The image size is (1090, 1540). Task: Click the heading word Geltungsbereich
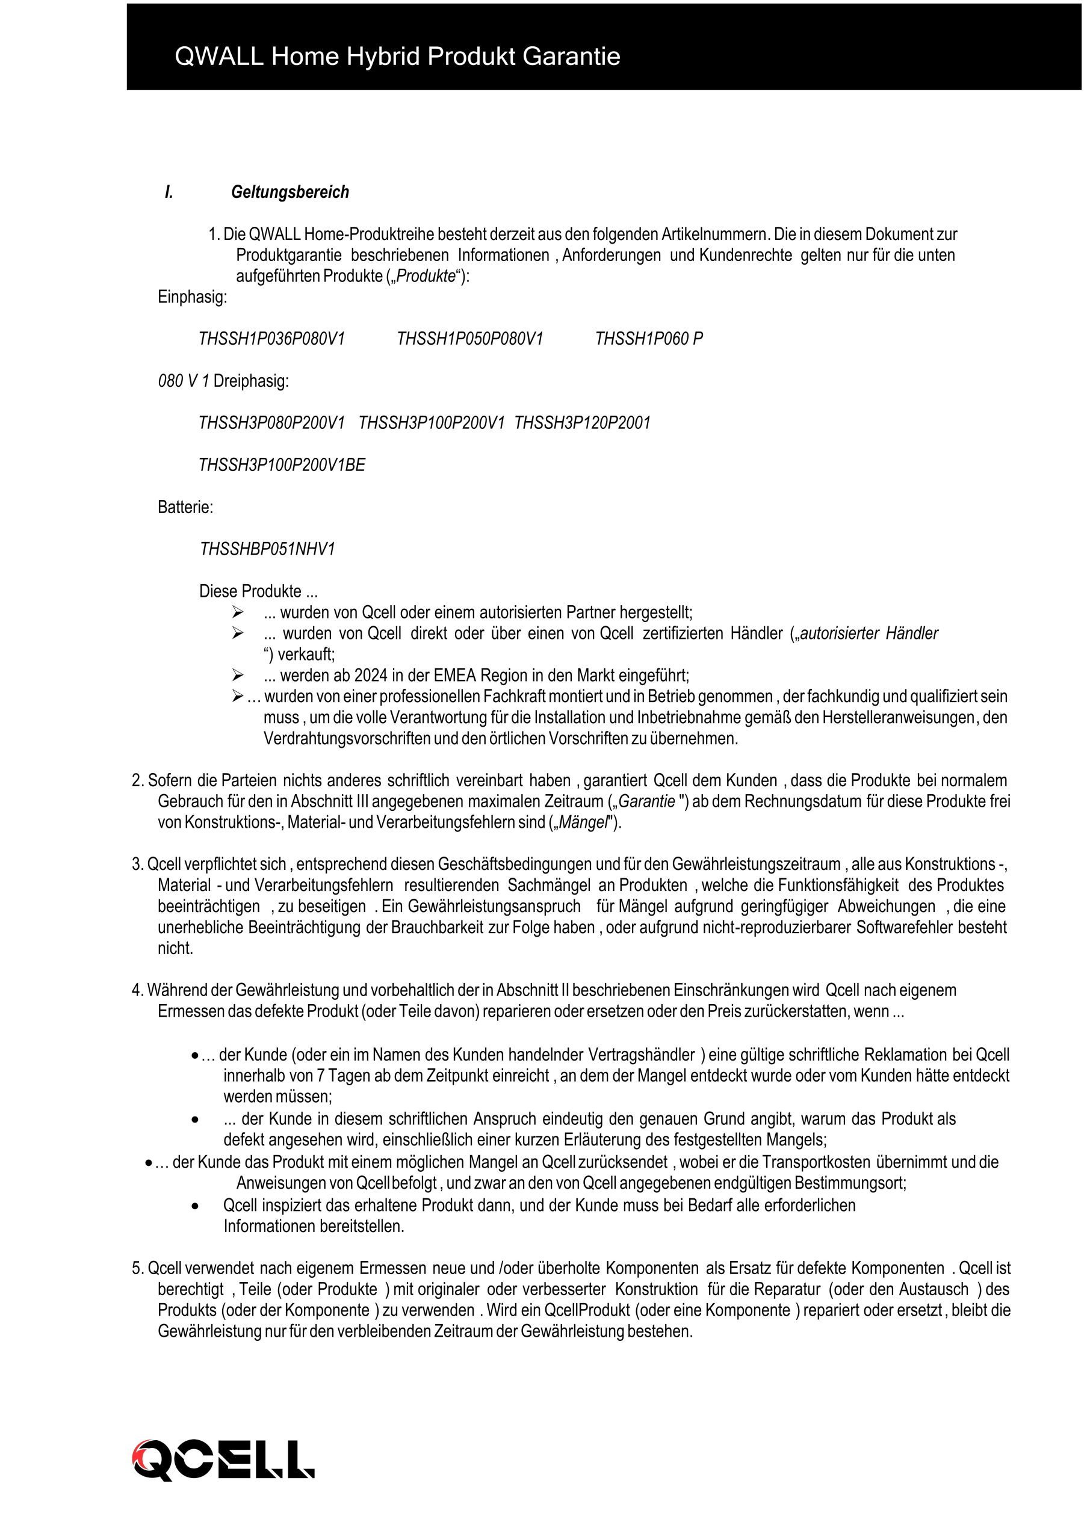290,192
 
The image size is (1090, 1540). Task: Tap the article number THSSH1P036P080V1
272,339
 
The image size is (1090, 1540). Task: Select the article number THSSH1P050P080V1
470,339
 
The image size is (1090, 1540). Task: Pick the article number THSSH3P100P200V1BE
282,466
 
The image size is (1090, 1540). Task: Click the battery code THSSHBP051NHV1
267,549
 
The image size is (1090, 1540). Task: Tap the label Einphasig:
193,297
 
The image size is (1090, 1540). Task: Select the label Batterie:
185,507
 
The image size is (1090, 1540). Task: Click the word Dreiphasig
250,381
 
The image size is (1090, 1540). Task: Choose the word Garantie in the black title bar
571,57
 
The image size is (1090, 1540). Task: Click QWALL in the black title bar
219,57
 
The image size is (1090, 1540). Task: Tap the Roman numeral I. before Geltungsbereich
169,192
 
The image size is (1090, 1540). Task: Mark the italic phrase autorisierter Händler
869,633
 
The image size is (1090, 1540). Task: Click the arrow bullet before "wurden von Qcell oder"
237,612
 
